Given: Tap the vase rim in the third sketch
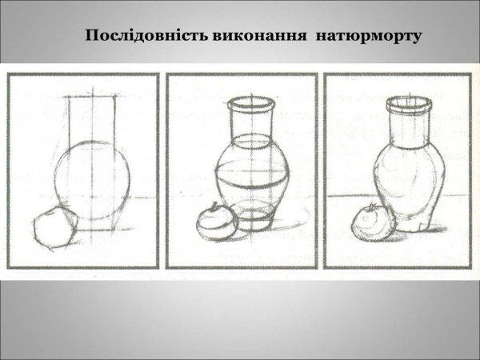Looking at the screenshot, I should point(407,104).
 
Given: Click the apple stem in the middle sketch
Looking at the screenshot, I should point(215,206).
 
